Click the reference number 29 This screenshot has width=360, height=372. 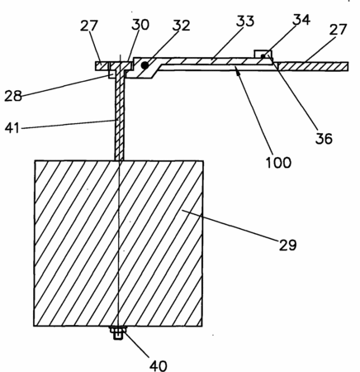pos(288,245)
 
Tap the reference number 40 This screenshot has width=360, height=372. pos(159,365)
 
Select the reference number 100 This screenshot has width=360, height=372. pos(278,162)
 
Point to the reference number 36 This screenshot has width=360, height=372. pos(324,138)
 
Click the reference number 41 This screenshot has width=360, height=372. pos(12,128)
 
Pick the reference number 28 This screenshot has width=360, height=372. pos(13,96)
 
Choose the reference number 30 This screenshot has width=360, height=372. pos(140,25)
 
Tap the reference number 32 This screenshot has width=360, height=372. pos(182,26)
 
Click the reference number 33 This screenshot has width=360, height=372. pos(245,21)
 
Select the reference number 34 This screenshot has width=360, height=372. pos(301,20)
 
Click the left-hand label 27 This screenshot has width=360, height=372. pos(89,26)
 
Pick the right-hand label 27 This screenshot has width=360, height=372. pos(338,30)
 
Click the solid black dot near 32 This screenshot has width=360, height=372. pos(144,65)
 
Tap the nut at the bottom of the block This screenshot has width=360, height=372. pos(118,332)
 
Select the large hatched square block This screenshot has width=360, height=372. pos(119,243)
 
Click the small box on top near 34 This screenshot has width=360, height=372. pos(263,54)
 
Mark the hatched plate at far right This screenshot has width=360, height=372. pos(313,67)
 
